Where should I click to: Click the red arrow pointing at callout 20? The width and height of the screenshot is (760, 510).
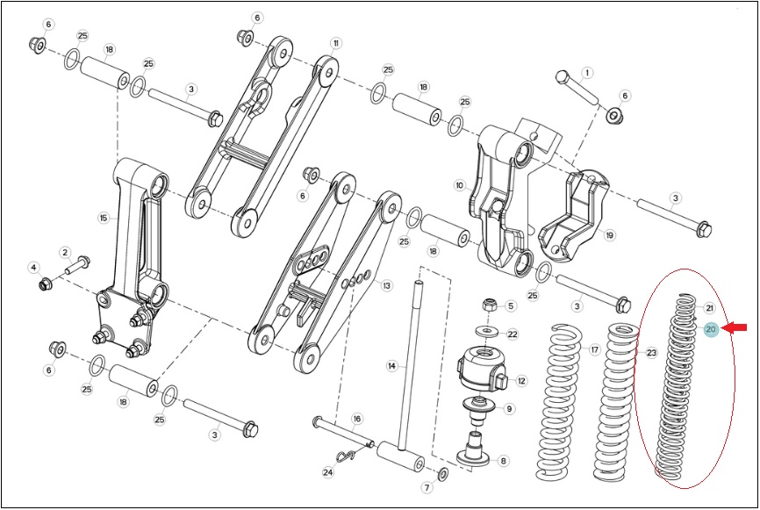735,328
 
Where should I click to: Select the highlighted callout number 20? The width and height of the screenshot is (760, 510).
711,330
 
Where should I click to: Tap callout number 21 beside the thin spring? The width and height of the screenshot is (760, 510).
710,308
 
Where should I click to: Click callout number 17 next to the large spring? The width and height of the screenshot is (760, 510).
595,349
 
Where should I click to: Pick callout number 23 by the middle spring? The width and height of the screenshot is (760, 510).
651,353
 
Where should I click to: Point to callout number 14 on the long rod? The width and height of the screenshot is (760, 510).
392,365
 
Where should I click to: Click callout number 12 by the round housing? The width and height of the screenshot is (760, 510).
521,381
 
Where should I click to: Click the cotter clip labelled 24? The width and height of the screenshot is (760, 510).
345,456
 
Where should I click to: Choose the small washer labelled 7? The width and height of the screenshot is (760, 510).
443,474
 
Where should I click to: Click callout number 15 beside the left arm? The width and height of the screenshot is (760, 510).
104,219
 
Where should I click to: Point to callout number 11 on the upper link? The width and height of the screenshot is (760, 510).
336,43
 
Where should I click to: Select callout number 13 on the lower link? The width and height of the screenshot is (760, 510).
386,285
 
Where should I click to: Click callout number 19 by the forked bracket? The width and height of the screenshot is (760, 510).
610,235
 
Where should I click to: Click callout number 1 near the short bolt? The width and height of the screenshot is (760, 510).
587,73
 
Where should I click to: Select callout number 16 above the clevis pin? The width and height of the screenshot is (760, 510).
356,419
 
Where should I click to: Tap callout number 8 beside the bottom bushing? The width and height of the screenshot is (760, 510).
503,461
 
